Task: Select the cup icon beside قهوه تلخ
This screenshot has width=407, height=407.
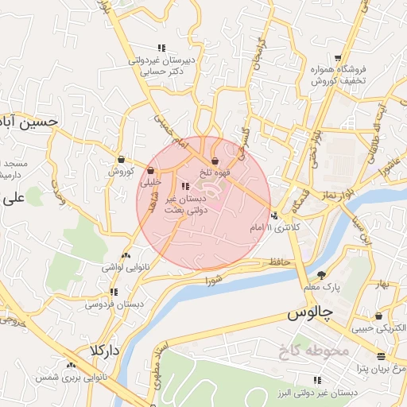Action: tap(215, 161)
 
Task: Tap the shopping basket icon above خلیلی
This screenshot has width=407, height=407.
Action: tap(150, 169)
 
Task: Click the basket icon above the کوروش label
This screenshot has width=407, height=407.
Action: tap(120, 158)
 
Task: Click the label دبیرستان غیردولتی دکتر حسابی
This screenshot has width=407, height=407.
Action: tap(162, 65)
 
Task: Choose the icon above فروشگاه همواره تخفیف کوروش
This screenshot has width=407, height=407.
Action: tap(339, 58)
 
